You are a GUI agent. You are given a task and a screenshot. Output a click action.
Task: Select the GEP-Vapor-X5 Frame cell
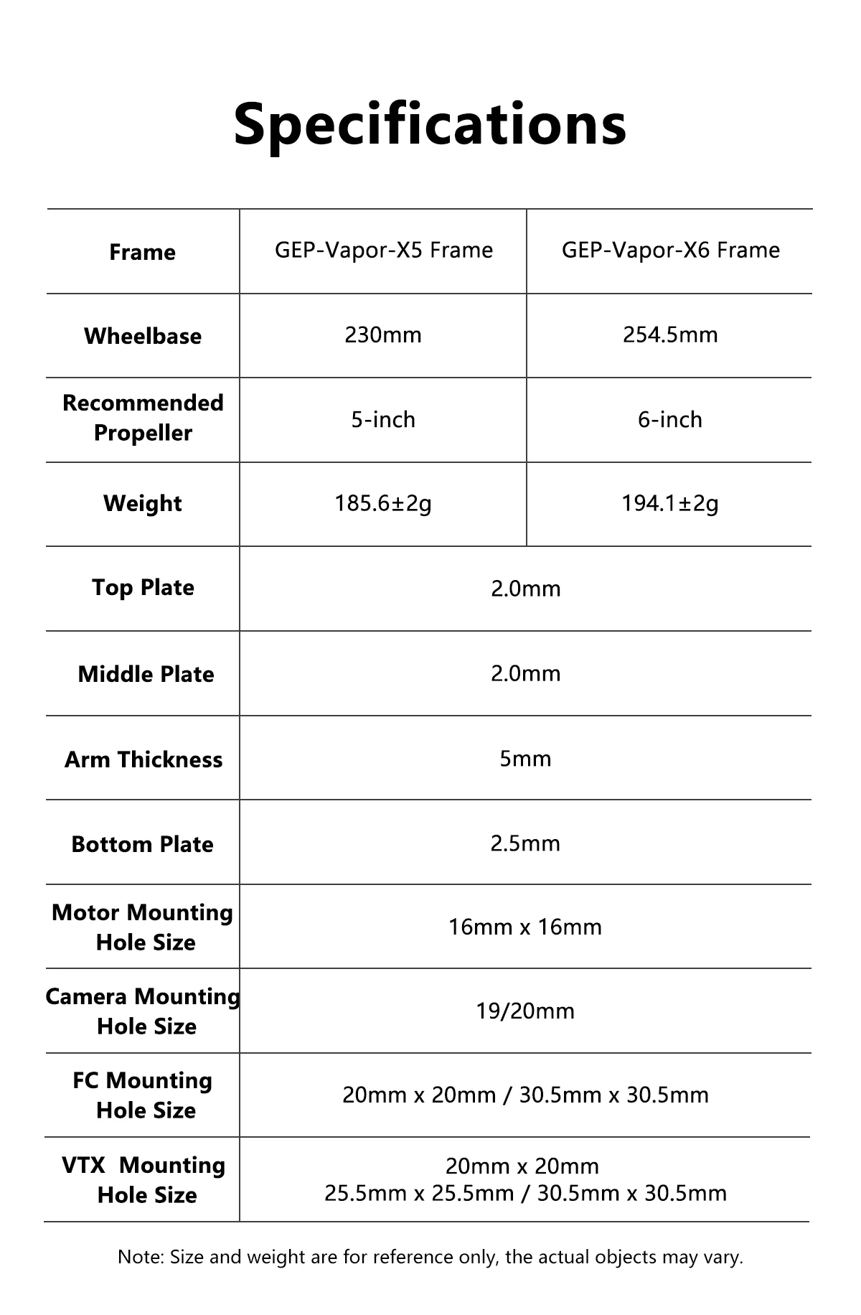point(384,251)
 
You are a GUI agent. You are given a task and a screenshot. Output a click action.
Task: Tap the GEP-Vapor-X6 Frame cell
point(670,251)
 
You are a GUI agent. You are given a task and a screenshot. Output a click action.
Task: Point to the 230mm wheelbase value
point(383,335)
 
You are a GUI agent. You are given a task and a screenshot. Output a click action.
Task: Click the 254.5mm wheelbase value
point(670,335)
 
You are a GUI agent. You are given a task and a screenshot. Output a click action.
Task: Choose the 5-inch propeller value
point(383,419)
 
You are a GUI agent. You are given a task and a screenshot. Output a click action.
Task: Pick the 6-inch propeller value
point(670,419)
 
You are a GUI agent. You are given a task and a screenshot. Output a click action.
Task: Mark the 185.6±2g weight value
point(383,504)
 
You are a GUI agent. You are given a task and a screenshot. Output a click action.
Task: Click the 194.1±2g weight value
point(670,504)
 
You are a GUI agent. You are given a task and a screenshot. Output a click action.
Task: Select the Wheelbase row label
point(143,336)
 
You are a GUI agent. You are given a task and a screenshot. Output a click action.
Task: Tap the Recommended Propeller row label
point(143,418)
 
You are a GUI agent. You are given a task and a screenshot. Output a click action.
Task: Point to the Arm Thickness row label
point(143,759)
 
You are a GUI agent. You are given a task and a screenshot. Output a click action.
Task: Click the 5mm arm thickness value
point(525,759)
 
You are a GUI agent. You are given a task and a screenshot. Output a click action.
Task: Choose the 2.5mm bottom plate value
point(525,843)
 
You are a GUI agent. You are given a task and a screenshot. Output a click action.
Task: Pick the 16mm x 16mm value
point(525,927)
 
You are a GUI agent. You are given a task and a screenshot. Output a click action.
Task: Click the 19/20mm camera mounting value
point(525,1011)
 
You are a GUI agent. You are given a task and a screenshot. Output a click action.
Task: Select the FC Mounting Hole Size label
point(143,1095)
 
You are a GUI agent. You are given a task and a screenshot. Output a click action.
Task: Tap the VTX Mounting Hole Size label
point(144,1180)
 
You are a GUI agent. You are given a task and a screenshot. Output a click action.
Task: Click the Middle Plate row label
point(146,674)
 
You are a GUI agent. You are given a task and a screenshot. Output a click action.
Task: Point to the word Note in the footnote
point(141,1257)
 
